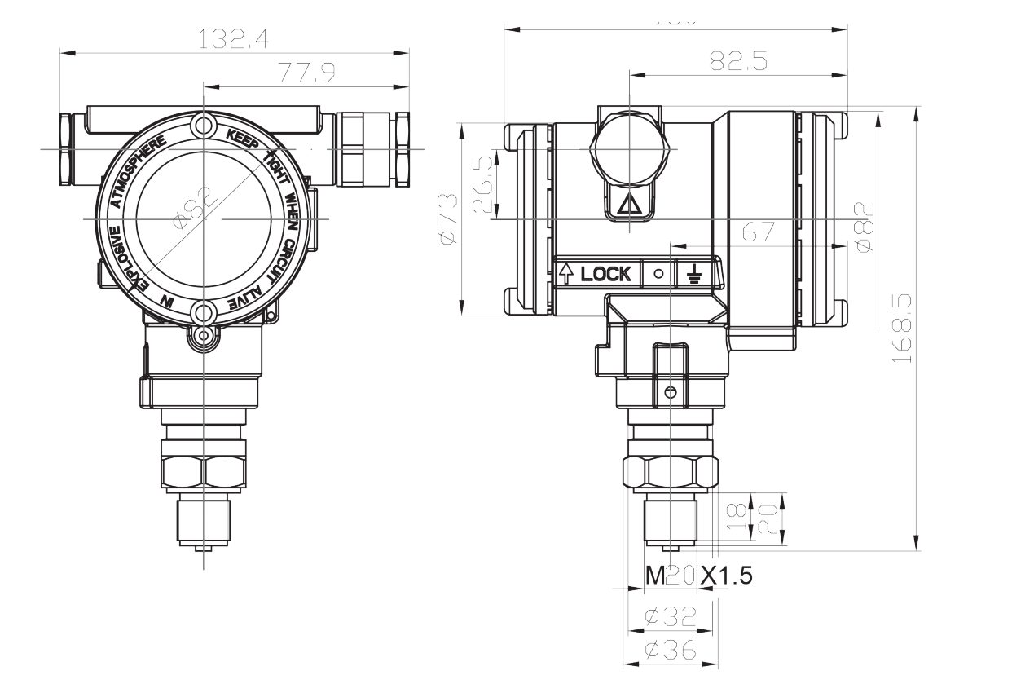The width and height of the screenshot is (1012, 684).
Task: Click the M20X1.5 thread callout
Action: [x=699, y=576]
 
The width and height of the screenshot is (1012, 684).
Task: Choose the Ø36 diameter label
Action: [x=670, y=651]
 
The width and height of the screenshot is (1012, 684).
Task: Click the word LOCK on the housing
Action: [x=605, y=274]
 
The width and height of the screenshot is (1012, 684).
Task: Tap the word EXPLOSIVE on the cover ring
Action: [x=122, y=258]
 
